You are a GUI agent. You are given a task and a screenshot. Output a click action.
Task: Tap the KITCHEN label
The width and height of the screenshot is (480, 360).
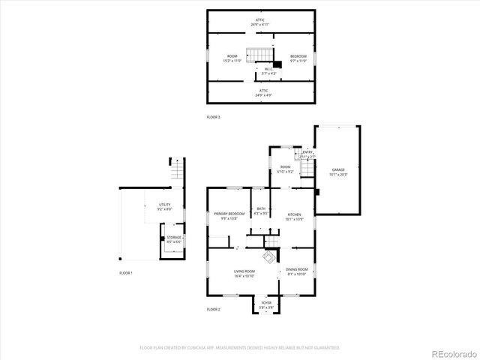[295, 215]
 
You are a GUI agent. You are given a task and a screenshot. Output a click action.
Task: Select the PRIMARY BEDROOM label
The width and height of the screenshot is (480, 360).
[229, 215]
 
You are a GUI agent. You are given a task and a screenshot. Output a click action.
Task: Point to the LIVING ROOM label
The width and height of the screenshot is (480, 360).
[244, 271]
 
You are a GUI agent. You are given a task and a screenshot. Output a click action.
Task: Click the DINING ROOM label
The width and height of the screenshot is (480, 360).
[297, 269]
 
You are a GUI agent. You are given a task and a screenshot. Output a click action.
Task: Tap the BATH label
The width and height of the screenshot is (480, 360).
[261, 209]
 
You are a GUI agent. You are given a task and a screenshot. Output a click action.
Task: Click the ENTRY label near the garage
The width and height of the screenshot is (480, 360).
[307, 152]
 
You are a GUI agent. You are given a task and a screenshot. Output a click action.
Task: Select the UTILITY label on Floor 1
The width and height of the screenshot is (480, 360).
[164, 205]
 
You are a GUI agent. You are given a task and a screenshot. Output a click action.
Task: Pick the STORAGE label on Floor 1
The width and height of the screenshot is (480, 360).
[174, 238]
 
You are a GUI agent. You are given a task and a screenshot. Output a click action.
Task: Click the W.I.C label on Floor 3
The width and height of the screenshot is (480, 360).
[268, 70]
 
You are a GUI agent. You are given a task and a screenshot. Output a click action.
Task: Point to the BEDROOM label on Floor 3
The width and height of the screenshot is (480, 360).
[298, 57]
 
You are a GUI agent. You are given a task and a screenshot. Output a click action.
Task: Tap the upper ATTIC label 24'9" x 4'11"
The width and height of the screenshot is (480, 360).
[260, 20]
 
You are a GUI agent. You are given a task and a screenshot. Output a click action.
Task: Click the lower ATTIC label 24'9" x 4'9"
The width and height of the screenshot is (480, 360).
[260, 91]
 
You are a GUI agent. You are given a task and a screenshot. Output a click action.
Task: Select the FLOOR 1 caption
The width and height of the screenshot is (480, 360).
[126, 272]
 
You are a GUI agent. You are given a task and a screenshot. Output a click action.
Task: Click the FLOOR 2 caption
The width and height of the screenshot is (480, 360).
[214, 309]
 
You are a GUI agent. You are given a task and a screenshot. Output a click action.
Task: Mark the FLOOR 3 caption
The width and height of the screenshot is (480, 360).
[214, 117]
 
